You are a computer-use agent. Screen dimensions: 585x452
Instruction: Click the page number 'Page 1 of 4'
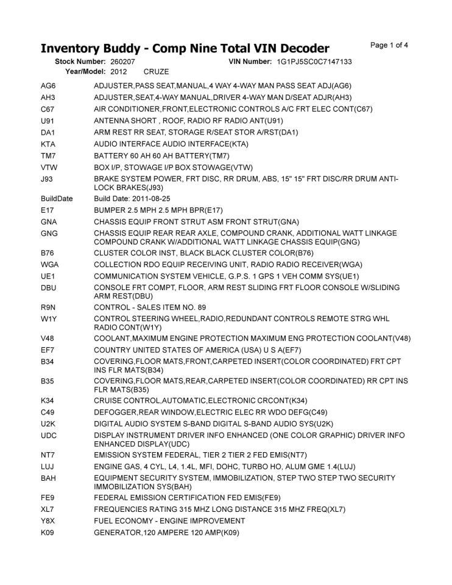[389, 44]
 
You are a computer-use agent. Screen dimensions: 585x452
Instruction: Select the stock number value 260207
[123, 62]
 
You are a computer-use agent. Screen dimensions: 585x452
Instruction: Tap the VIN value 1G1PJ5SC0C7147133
[314, 62]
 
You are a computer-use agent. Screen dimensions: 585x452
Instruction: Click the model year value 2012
[119, 72]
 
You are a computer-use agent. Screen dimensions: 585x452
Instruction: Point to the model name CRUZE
[157, 72]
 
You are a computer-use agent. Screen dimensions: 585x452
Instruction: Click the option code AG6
[48, 86]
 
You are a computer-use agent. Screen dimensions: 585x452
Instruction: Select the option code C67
[48, 109]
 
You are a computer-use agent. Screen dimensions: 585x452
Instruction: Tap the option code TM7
[48, 155]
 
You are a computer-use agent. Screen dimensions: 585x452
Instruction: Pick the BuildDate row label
[57, 199]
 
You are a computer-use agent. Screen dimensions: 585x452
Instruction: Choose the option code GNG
[49, 233]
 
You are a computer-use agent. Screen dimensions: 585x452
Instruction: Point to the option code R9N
[49, 307]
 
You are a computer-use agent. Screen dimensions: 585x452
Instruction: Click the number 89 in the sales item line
[202, 307]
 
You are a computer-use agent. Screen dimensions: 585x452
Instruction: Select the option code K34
[48, 400]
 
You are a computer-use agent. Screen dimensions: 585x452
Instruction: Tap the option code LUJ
[48, 467]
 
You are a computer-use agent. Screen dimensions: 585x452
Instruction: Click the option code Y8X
[48, 521]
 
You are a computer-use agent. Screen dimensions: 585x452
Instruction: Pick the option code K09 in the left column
[48, 533]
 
